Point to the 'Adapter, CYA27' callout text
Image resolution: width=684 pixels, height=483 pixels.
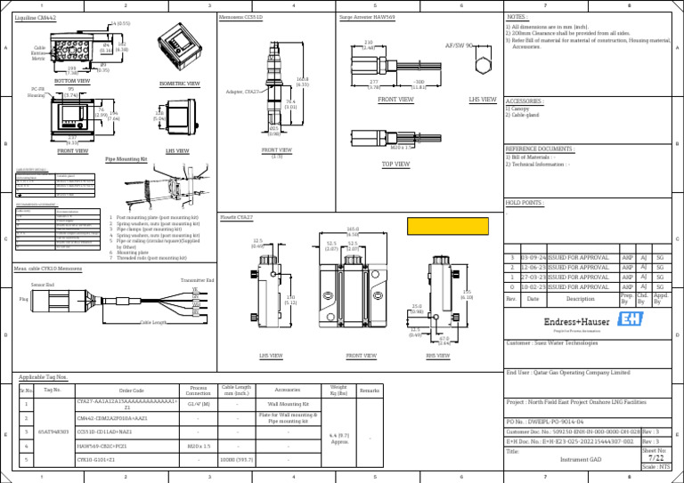[241, 92]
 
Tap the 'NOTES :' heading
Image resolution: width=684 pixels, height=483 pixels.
[517, 16]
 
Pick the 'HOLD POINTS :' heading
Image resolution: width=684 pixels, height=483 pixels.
[525, 203]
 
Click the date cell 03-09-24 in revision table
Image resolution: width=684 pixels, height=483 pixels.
[533, 256]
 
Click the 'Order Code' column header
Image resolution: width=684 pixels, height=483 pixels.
[131, 390]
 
